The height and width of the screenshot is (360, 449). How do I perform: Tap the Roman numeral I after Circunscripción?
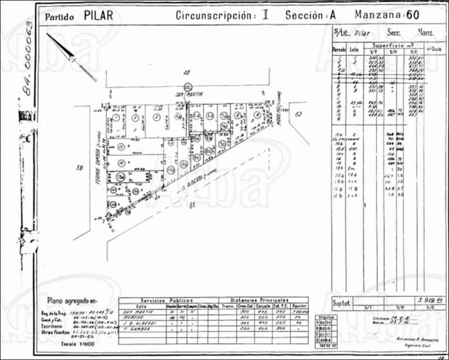[x=264, y=15]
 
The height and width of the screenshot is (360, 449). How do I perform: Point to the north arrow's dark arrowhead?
[x=71, y=56]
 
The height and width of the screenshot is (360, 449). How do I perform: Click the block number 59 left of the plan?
[x=80, y=167]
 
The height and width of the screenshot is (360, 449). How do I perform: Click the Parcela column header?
[x=339, y=50]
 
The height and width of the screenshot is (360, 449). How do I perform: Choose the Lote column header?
[x=354, y=50]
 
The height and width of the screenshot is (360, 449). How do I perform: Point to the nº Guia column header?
[x=432, y=49]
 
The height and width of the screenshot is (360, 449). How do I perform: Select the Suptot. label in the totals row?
[x=342, y=302]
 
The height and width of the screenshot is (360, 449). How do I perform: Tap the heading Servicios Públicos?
[x=167, y=300]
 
